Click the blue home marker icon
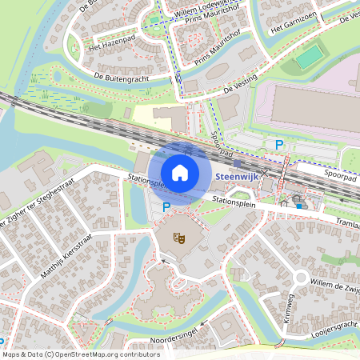pos(180,172)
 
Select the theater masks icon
pos(179,238)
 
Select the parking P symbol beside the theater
pos(166,206)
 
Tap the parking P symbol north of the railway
pos(279,145)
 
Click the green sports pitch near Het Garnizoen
pos(308,57)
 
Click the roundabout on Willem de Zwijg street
pos(301,278)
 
